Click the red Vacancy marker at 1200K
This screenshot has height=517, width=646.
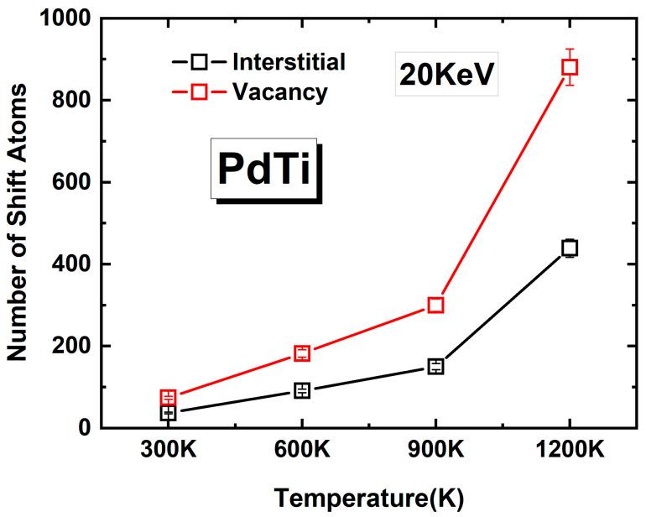[570, 67]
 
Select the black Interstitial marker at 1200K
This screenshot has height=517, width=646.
[570, 248]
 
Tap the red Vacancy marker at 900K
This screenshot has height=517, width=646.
[435, 305]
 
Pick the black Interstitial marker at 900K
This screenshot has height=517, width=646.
[435, 366]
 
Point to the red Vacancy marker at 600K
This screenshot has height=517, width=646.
[302, 353]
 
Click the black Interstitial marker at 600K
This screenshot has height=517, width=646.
[302, 390]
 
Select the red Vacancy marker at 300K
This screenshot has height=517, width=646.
[168, 397]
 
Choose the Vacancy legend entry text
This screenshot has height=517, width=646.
[280, 91]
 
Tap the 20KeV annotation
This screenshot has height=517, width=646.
[448, 77]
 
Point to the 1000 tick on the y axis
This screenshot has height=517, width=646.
[64, 18]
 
